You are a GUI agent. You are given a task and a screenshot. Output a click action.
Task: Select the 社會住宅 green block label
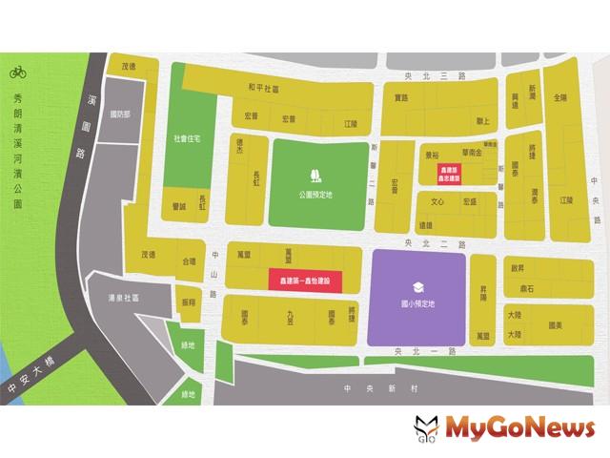pos(188,137)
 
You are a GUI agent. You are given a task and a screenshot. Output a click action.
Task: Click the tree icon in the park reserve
pos(315,174)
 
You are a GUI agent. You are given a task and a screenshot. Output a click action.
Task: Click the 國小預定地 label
pos(417,303)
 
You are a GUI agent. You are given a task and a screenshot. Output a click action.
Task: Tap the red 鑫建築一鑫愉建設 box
pos(304,281)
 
